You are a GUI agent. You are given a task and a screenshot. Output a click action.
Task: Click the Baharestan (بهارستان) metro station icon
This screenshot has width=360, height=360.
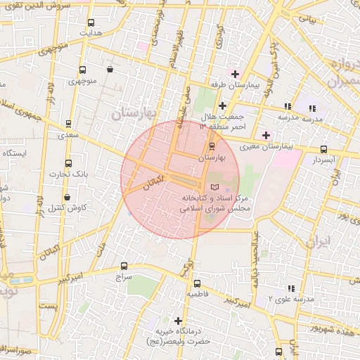click(x=212, y=146)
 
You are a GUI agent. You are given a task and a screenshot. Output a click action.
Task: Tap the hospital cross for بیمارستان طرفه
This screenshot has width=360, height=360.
click(x=234, y=74)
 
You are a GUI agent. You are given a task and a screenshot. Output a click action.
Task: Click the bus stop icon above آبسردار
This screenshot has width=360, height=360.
click(x=323, y=149)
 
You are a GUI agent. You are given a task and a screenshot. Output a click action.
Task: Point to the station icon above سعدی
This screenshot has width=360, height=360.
click(x=67, y=122)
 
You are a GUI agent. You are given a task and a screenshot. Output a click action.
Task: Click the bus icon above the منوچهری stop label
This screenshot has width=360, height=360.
click(x=83, y=70)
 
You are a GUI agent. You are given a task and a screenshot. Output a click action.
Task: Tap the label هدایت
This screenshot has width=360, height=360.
click(x=91, y=33)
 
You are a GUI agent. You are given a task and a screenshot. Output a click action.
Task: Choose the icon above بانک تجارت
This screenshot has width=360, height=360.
click(x=67, y=162)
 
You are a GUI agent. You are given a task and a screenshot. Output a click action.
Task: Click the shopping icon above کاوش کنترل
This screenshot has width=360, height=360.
click(x=67, y=197)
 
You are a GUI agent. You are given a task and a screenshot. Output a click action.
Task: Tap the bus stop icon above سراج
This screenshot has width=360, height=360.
click(x=124, y=266)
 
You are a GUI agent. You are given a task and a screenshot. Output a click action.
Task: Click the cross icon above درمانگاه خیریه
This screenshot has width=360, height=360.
click(x=179, y=321)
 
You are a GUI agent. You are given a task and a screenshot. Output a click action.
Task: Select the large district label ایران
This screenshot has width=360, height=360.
click(x=319, y=243)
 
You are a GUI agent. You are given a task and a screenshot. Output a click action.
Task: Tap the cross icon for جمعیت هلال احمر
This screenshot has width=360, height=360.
click(x=222, y=105)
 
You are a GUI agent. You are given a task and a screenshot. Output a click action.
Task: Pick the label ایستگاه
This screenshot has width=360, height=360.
click(x=15, y=153)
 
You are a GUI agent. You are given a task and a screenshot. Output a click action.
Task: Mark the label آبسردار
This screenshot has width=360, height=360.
click(x=323, y=160)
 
